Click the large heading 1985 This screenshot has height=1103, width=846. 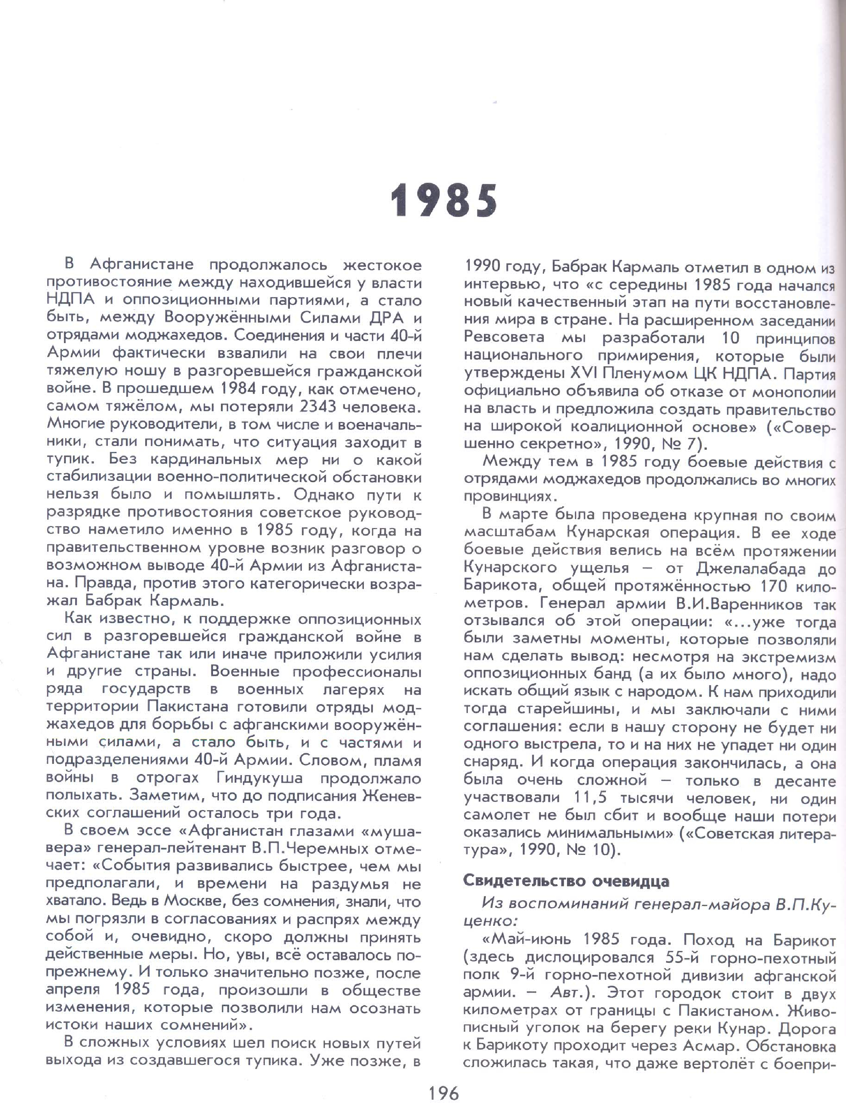pyautogui.click(x=444, y=200)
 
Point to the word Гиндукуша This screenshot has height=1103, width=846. pyautogui.click(x=260, y=778)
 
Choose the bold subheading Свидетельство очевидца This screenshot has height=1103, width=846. pyautogui.click(x=567, y=881)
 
